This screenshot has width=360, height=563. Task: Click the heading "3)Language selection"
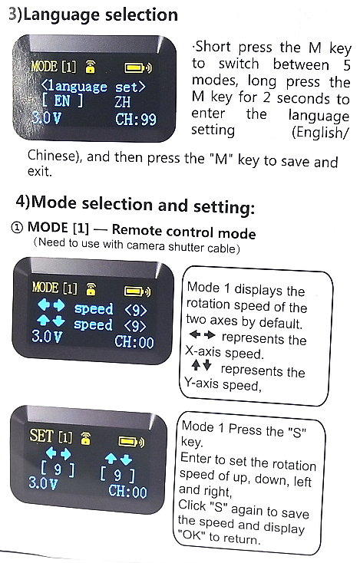93,15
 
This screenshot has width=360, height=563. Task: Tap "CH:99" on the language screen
136,120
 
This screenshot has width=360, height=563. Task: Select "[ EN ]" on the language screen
62,101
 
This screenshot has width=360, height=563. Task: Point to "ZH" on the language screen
123,101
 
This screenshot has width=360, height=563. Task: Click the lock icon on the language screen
90,67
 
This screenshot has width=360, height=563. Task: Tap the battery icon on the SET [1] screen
130,441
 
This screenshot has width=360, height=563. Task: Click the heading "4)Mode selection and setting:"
135,205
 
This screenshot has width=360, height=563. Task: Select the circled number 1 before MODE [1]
17,228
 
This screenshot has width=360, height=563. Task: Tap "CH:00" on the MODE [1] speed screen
134,342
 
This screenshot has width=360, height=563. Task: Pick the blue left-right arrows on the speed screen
51,305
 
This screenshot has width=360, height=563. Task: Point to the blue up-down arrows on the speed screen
51,321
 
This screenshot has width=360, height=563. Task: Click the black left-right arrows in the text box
203,335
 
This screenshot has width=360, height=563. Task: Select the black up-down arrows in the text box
201,365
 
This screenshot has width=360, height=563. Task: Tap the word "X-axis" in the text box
203,351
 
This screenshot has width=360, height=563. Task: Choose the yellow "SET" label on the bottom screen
41,436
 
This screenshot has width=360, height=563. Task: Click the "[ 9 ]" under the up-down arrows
117,475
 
